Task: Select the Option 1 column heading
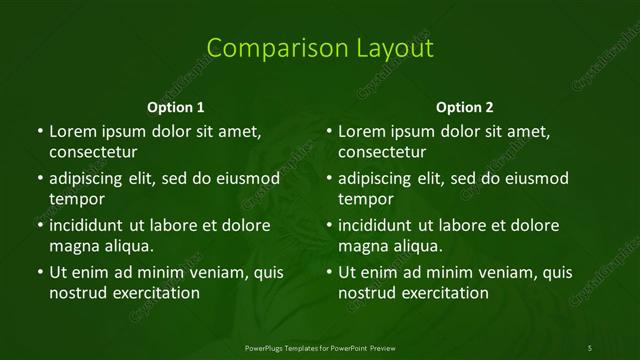coord(176,107)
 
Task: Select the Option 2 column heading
coord(465,107)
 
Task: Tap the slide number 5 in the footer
coord(590,347)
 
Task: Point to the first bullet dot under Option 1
coord(39,132)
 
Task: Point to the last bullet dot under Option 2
coord(329,272)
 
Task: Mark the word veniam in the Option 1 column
coord(200,272)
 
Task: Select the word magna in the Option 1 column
coord(72,245)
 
